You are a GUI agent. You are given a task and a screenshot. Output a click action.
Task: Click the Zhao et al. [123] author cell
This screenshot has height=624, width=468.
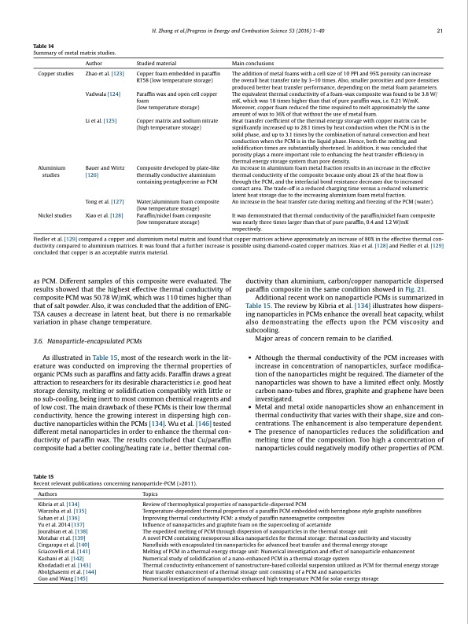point(105,72)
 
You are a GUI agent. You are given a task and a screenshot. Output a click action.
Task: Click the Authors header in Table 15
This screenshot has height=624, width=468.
point(47,494)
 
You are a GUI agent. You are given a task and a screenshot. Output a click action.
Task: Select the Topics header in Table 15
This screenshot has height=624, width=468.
point(149,494)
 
